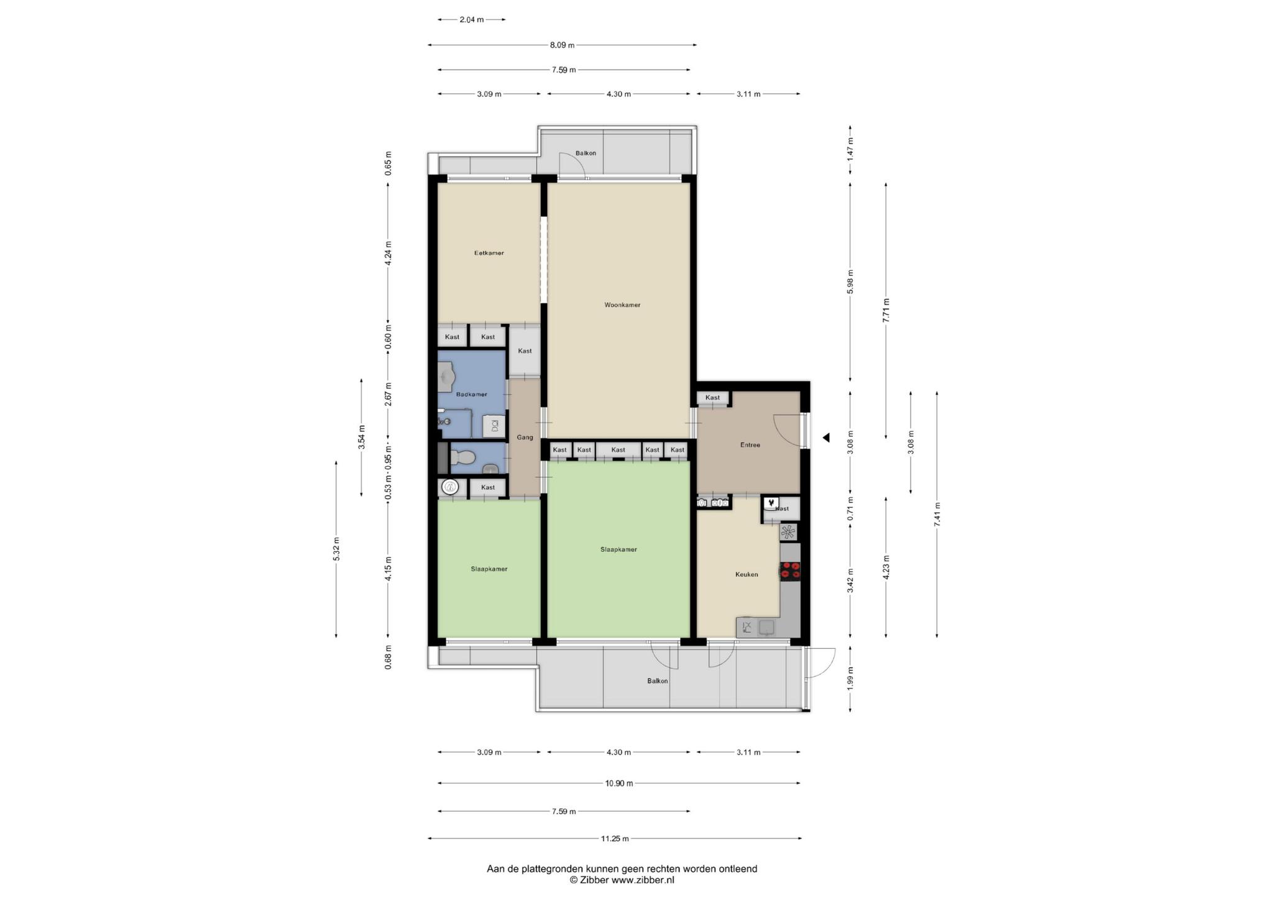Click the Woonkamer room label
point(622,305)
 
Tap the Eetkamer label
point(489,253)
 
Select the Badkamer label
point(471,395)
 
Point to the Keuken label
point(747,574)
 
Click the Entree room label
point(750,445)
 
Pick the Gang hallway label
point(525,438)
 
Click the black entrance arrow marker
point(826,438)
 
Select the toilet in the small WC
point(462,459)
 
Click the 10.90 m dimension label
point(619,784)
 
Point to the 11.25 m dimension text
point(615,838)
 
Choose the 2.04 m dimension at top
point(472,20)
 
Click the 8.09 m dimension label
point(563,45)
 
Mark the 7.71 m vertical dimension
point(886,310)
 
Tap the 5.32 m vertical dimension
point(336,549)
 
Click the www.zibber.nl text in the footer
point(643,880)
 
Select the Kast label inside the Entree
point(712,398)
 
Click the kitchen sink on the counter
point(766,627)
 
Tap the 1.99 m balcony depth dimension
point(850,679)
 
